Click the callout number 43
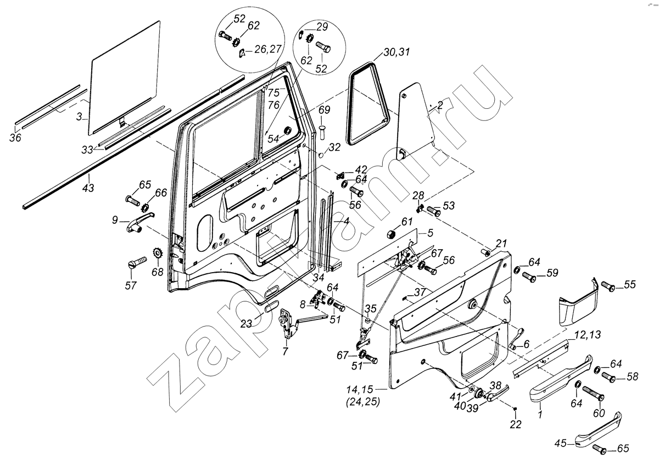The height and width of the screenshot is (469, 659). [88, 188]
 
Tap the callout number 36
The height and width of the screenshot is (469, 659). [15, 138]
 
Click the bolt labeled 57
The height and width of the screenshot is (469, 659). [137, 261]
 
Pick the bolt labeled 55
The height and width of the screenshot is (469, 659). [607, 285]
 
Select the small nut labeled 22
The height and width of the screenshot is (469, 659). [515, 409]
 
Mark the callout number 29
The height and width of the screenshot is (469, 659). [321, 26]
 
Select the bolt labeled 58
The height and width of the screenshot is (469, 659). [608, 377]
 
